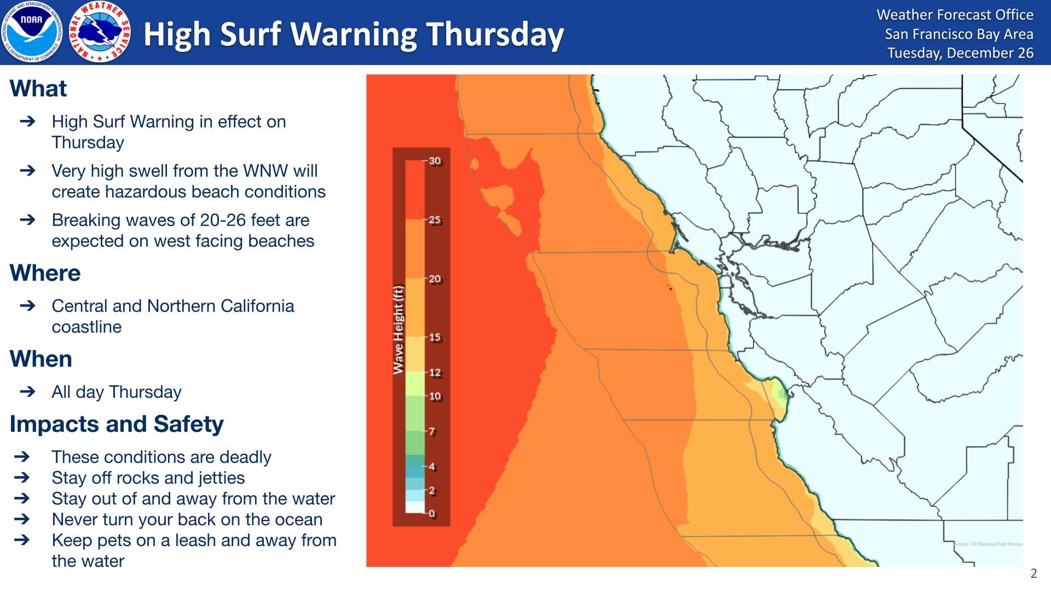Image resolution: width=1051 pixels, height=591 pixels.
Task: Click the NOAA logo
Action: tap(32, 32)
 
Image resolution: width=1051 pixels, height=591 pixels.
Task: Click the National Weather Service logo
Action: tap(100, 32)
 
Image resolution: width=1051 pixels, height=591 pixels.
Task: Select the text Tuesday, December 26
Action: tap(960, 53)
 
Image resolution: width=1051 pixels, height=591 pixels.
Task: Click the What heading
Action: tap(38, 89)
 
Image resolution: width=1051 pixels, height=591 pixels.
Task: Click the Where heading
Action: tap(45, 273)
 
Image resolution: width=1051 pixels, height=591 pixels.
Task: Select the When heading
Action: tap(41, 359)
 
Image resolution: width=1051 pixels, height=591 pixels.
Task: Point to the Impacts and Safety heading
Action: tap(117, 424)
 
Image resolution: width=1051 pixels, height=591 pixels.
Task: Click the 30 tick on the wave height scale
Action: tap(435, 161)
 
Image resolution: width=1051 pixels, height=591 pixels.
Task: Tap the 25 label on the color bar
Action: tap(435, 220)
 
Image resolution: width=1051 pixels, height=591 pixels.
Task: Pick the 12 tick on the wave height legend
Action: tap(435, 373)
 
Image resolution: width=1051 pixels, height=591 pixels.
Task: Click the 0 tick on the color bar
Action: tap(432, 513)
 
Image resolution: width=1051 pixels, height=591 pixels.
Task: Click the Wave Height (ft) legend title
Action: tap(399, 329)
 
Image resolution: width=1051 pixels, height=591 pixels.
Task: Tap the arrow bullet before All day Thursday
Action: tap(27, 392)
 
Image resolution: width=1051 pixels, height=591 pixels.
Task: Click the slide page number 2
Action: tap(1033, 573)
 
